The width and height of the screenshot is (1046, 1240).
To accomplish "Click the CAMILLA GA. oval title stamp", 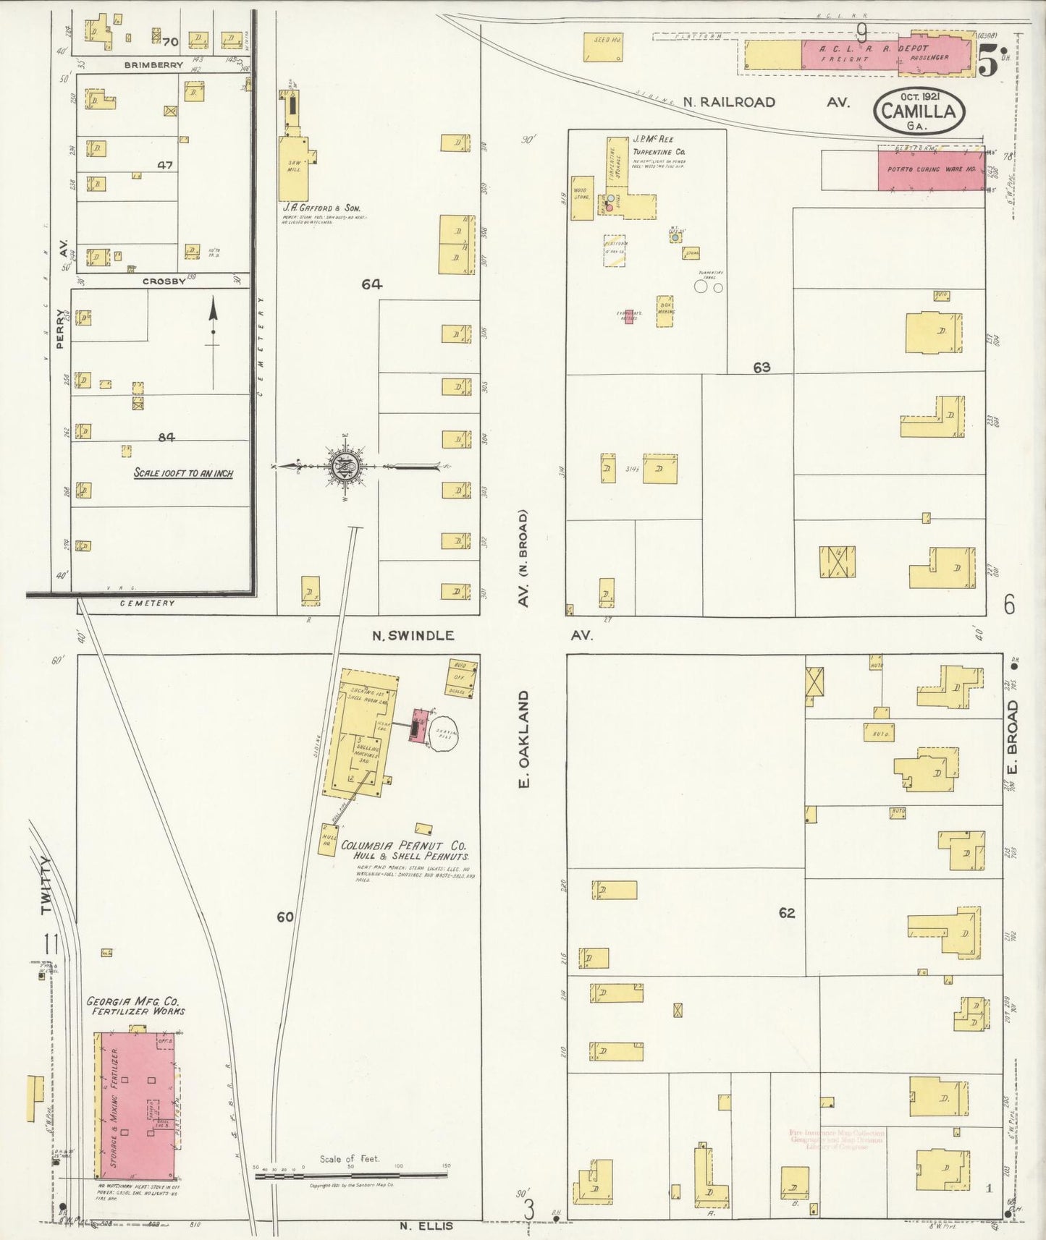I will click(919, 111).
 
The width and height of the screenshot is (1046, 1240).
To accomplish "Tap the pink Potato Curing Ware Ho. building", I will click(932, 169).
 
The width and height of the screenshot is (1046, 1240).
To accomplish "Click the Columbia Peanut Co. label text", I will click(404, 845).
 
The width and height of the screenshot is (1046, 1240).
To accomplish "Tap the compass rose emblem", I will click(344, 467).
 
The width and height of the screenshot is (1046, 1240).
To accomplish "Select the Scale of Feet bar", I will click(351, 1176).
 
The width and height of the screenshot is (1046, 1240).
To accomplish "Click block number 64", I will click(372, 284).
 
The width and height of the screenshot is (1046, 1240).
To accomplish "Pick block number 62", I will click(787, 913).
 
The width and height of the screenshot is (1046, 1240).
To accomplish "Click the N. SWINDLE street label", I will click(413, 635).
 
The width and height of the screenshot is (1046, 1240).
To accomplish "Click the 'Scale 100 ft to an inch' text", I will click(183, 473).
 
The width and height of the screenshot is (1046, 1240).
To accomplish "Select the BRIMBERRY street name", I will click(153, 64).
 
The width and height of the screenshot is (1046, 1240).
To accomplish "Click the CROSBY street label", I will click(168, 281).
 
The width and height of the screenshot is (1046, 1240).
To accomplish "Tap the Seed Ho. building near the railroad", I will click(604, 46).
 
